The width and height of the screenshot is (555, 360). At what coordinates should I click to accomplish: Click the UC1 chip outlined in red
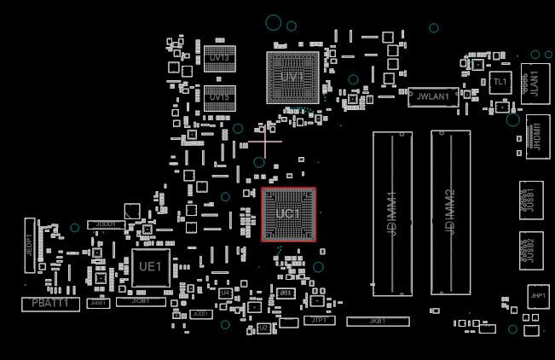pyautogui.click(x=288, y=214)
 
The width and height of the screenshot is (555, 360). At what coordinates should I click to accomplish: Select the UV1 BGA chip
pyautogui.click(x=292, y=78)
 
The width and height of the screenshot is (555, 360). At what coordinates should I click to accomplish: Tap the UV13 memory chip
pyautogui.click(x=219, y=57)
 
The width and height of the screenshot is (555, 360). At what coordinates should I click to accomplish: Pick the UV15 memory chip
pyautogui.click(x=219, y=97)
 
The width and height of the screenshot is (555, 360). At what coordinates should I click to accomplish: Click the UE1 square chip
pyautogui.click(x=150, y=267)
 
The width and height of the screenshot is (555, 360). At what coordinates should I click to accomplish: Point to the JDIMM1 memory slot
pyautogui.click(x=392, y=213)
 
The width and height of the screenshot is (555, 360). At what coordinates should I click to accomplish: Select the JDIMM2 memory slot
pyautogui.click(x=450, y=213)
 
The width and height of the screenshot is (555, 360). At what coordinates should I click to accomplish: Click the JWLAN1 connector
pyautogui.click(x=433, y=98)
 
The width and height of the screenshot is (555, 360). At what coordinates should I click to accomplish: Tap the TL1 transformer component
pyautogui.click(x=500, y=82)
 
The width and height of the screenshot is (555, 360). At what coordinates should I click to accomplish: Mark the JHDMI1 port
pyautogui.click(x=535, y=136)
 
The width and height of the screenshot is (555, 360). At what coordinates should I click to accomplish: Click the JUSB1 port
pyautogui.click(x=531, y=200)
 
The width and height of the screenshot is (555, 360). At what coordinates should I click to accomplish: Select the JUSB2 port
pyautogui.click(x=531, y=250)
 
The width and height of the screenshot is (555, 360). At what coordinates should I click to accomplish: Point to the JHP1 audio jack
pyautogui.click(x=537, y=297)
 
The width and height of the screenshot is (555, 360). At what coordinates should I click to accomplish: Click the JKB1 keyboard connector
pyautogui.click(x=378, y=322)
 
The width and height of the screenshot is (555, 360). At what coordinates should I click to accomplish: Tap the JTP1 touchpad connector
pyautogui.click(x=319, y=321)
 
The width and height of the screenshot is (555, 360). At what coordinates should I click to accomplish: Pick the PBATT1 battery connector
pyautogui.click(x=50, y=304)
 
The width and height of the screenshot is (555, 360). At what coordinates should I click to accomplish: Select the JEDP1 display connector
pyautogui.click(x=29, y=240)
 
